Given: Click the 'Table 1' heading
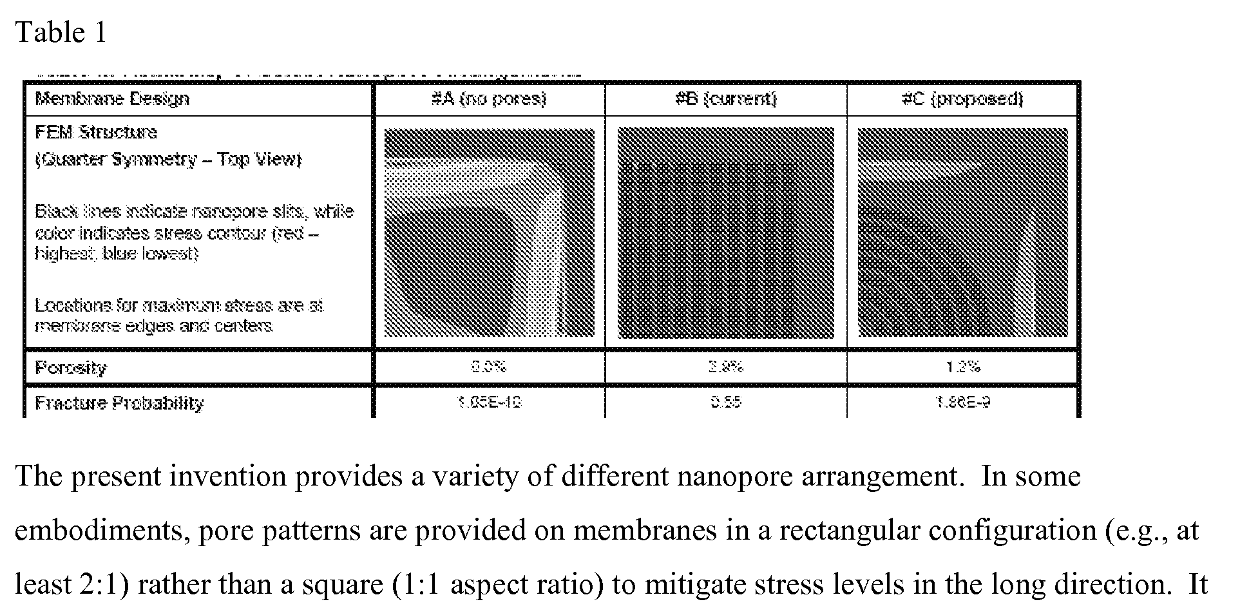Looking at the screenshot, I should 61,32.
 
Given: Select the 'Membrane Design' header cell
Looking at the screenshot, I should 112,99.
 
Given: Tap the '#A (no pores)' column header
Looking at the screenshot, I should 489,99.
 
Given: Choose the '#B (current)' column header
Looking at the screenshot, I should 726,99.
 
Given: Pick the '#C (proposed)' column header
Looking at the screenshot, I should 962,99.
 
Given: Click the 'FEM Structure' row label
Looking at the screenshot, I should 96,132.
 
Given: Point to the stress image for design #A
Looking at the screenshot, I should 489,232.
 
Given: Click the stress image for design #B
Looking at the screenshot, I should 726,232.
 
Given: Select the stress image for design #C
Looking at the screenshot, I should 962,232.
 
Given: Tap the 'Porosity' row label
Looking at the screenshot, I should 71,368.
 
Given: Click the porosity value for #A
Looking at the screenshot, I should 489,367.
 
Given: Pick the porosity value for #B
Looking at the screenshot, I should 726,367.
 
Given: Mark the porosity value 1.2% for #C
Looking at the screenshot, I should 962,367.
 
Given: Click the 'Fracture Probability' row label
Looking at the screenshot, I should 119,403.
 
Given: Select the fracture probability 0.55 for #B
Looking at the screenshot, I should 726,402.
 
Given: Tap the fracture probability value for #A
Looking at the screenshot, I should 489,402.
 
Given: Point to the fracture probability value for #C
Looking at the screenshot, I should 962,402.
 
